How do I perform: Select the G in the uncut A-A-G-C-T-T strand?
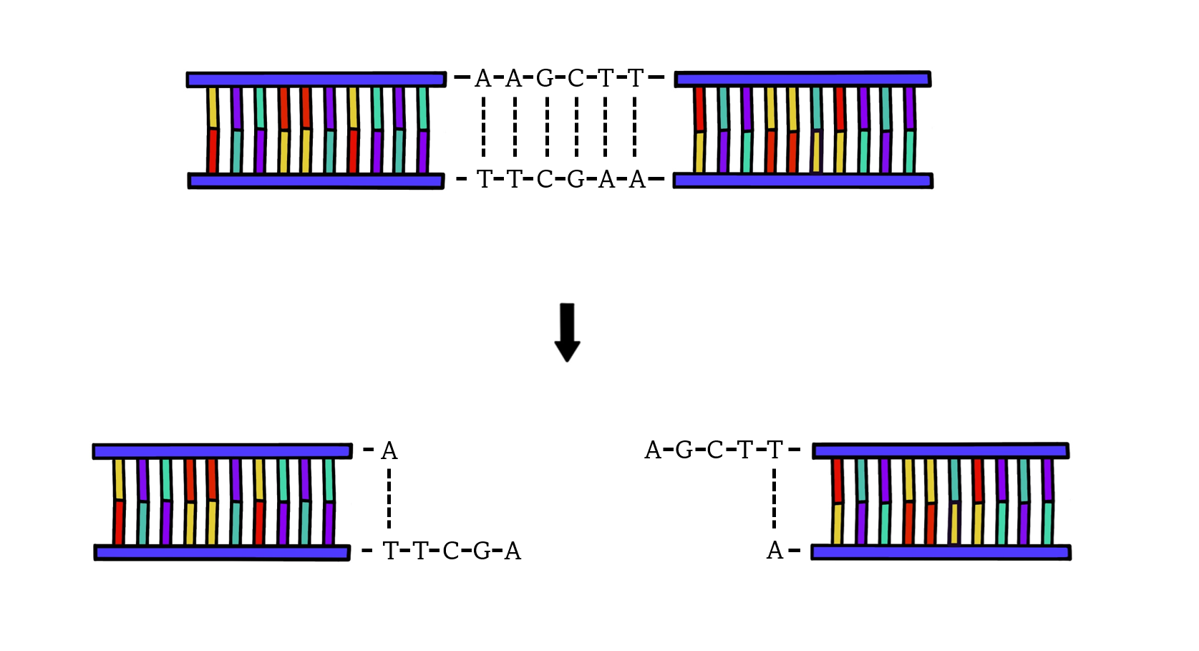click(x=545, y=78)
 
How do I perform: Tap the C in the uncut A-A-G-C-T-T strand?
click(x=576, y=78)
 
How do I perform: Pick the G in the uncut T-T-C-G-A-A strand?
click(x=576, y=179)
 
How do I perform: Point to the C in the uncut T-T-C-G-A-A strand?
click(x=545, y=179)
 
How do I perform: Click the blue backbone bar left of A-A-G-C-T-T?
click(x=316, y=79)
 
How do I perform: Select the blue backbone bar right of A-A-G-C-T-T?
click(x=802, y=79)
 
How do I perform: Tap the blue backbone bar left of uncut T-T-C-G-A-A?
click(x=316, y=180)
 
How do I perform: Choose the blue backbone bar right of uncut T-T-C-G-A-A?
click(x=802, y=180)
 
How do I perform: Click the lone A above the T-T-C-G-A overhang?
click(x=389, y=451)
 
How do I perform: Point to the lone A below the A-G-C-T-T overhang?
click(x=775, y=551)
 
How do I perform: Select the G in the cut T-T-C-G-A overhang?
click(x=482, y=551)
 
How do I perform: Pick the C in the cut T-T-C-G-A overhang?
click(x=451, y=551)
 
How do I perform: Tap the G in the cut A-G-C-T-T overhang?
click(x=684, y=450)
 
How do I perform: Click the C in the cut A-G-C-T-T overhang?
click(x=714, y=450)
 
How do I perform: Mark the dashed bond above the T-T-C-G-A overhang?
click(x=389, y=499)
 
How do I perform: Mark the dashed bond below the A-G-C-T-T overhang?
click(x=774, y=499)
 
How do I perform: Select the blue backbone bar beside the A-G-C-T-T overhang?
click(x=941, y=450)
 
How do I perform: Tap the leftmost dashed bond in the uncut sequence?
click(x=483, y=127)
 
